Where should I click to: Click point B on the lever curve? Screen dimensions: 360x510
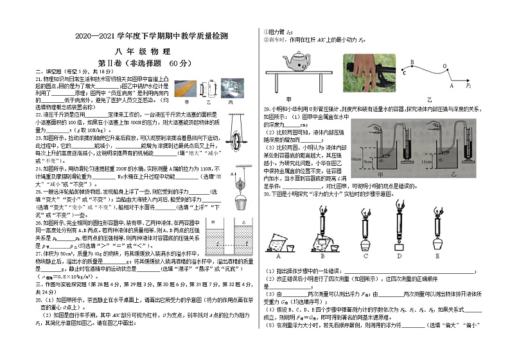click(x=412, y=62)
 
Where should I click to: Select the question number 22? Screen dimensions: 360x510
click(x=39, y=113)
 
